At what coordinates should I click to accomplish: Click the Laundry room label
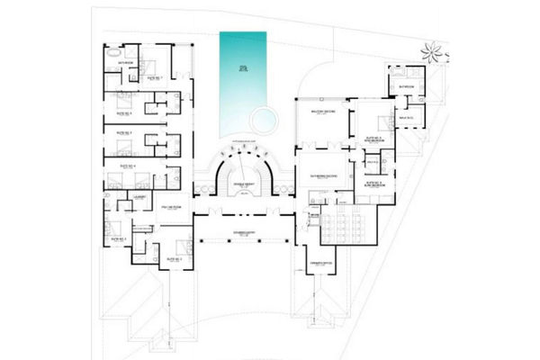(x=139, y=193)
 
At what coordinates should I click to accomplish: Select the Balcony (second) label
(x=321, y=112)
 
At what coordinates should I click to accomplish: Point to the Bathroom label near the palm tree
(x=406, y=86)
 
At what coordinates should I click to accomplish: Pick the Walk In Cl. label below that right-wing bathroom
(x=405, y=116)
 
